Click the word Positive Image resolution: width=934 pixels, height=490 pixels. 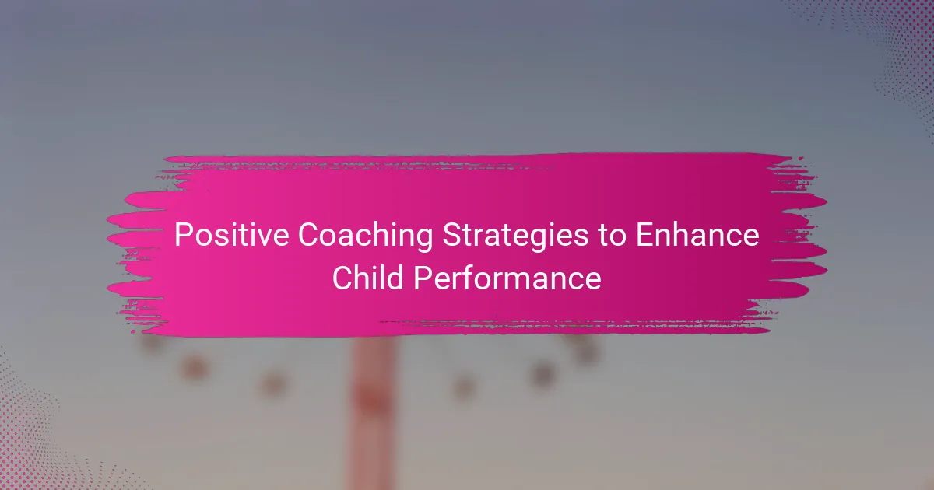[x=231, y=235]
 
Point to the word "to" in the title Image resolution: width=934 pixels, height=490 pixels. [x=612, y=236]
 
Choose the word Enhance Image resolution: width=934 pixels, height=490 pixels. [x=697, y=235]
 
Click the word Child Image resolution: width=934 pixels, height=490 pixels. [x=368, y=277]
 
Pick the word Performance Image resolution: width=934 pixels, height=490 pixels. [x=507, y=277]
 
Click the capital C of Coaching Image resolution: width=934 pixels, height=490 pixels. [x=309, y=235]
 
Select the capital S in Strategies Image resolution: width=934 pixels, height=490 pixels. [x=452, y=235]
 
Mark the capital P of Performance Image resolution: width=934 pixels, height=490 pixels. [x=423, y=278]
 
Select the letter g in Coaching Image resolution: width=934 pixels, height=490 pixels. [x=424, y=241]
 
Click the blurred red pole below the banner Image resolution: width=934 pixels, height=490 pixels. [x=372, y=412]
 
